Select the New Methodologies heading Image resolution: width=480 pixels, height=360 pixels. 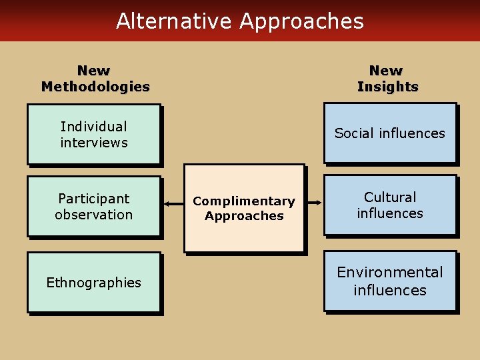(95, 79)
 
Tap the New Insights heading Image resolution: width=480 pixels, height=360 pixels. (387, 79)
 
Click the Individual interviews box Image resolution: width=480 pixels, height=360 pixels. (94, 134)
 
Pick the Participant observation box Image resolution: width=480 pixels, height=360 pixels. (94, 206)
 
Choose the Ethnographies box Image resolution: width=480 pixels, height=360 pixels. (94, 283)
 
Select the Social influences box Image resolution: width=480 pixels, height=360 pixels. (390, 133)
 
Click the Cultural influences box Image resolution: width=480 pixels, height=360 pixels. (390, 205)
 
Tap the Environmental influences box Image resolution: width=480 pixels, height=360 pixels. (390, 281)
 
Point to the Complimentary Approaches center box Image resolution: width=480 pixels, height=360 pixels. (244, 208)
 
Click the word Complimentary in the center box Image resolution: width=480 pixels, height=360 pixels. (244, 201)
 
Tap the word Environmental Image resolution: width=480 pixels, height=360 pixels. (390, 273)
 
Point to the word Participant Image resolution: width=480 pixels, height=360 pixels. (94, 199)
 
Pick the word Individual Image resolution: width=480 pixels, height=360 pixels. (94, 127)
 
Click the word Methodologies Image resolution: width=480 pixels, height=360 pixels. (95, 87)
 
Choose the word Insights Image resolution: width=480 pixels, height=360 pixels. (387, 87)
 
